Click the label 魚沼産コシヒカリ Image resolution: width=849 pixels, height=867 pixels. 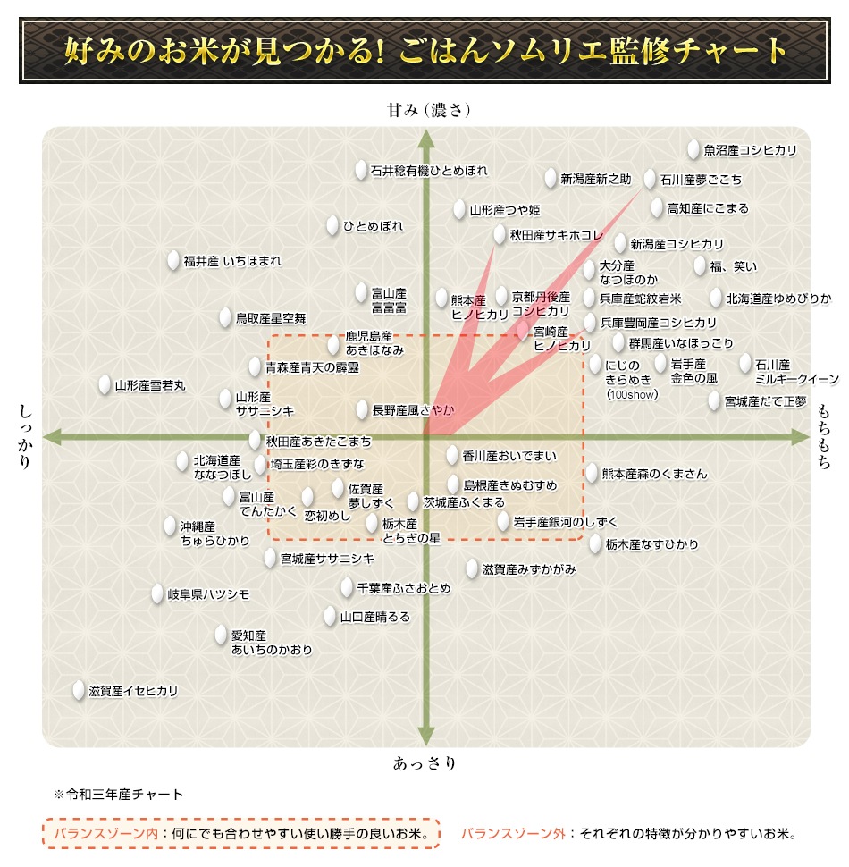coord(750,151)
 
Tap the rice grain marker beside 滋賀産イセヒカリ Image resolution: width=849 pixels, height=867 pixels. coord(80,691)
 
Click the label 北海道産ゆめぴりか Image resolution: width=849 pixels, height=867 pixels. coord(778,299)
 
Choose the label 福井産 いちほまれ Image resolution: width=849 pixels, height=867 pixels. coord(232,262)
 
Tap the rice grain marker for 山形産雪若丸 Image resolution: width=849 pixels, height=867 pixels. coord(105,384)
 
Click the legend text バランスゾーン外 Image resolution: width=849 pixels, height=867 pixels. coord(514,834)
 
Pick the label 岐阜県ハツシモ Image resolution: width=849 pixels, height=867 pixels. coord(208,594)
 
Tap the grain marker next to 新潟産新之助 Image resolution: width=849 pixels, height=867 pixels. coord(551,178)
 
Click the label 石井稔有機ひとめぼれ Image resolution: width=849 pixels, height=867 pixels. coord(429,171)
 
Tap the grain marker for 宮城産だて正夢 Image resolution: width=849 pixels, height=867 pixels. coord(715,401)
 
